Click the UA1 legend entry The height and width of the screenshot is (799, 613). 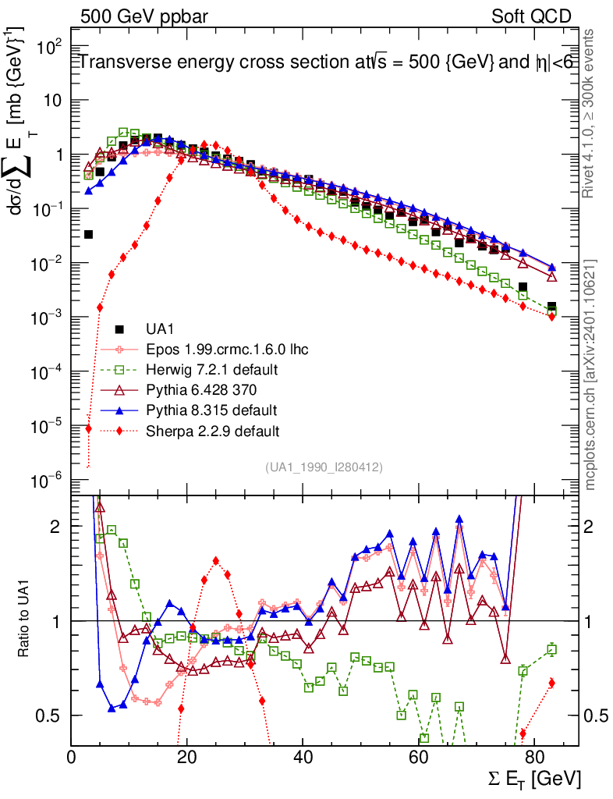tap(161, 328)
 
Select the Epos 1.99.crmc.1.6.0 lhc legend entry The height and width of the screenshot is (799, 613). tap(227, 349)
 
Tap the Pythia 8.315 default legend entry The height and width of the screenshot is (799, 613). tap(211, 410)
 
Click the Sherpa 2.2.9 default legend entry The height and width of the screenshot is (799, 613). tap(212, 430)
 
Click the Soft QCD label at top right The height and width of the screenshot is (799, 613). tap(531, 16)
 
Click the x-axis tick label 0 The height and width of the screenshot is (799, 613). tap(71, 757)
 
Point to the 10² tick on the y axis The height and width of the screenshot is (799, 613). tap(49, 47)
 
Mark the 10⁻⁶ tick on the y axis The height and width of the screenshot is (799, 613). tap(48, 481)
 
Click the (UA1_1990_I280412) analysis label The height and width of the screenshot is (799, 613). tap(324, 467)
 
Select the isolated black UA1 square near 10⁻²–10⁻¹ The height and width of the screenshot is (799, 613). tap(88, 234)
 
